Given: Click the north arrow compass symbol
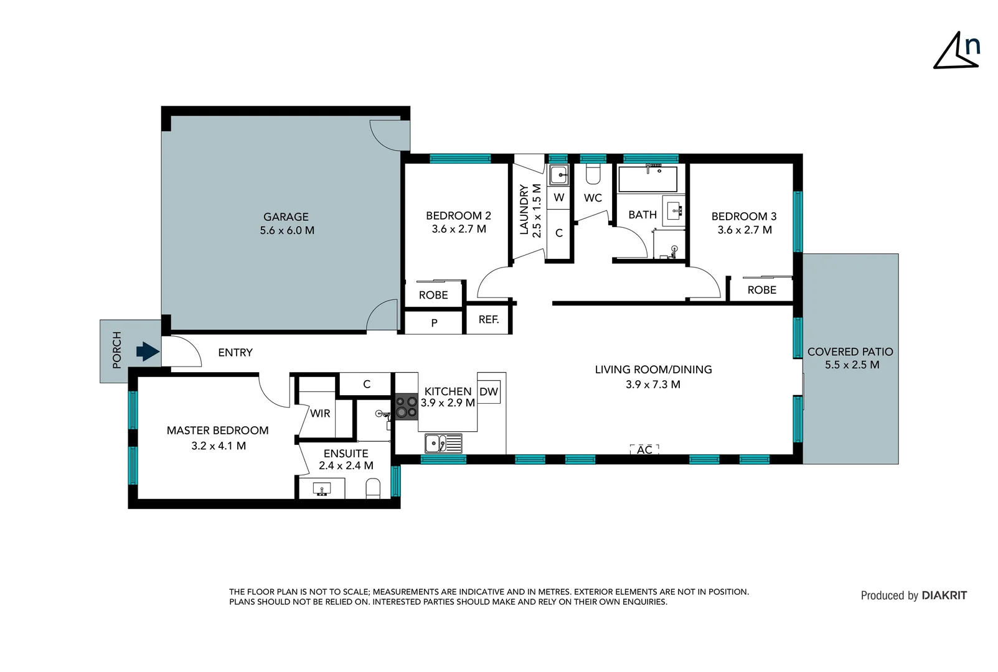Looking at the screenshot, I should pos(956,51).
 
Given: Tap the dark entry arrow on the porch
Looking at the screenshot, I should pos(148,352).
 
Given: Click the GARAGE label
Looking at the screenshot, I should pos(286,217).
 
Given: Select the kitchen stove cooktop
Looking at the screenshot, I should pos(407,407).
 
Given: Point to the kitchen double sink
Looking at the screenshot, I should pos(443,444).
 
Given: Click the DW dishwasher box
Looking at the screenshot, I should pos(489,391).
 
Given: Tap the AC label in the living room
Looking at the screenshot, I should pos(644,449).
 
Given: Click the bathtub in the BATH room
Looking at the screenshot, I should pos(647,179).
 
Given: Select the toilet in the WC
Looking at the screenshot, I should pos(593,175).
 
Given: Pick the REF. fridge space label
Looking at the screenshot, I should pos(489,320).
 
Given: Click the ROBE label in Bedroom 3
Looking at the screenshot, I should pos(761,290).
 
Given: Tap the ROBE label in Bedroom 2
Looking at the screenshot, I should pos(433,295).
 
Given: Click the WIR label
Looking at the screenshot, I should pos(320,413).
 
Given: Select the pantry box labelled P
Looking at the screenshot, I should pos(434,323).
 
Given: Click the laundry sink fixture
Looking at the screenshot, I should pos(558,175).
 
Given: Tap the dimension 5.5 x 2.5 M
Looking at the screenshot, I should pos(852,365).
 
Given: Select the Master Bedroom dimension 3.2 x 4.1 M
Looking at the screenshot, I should pos(219,446).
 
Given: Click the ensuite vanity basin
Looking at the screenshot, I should pos(322,488).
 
